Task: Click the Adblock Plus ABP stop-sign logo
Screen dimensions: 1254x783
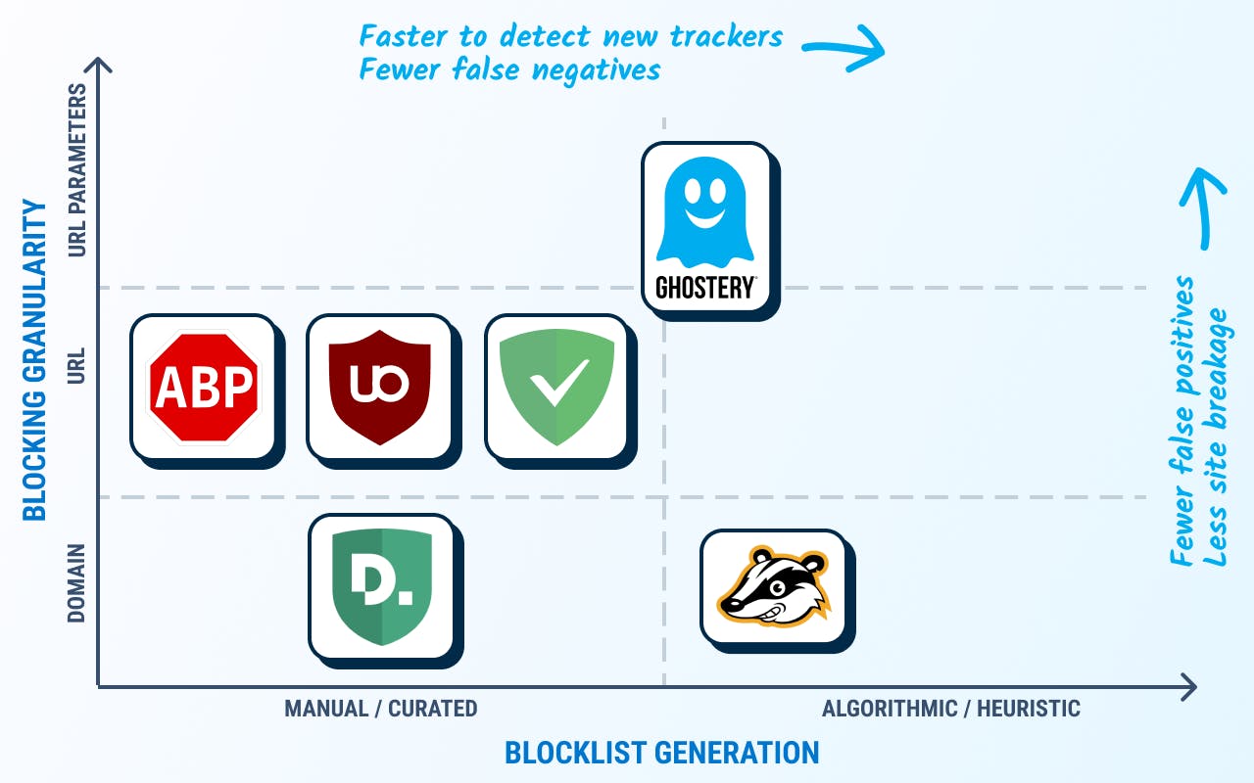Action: (x=204, y=387)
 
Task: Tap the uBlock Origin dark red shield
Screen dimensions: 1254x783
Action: (x=379, y=387)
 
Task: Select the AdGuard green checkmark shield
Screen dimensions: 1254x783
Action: (x=556, y=387)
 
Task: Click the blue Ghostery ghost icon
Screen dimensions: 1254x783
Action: (x=704, y=212)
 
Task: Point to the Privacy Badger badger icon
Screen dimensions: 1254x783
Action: (x=774, y=587)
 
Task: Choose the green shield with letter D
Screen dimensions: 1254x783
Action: (x=382, y=586)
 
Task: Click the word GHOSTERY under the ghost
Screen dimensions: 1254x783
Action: (x=705, y=288)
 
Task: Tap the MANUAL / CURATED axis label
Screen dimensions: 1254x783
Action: (x=381, y=709)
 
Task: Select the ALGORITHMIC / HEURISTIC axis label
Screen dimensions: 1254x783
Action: (x=950, y=709)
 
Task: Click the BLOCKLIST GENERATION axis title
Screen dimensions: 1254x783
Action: (x=661, y=753)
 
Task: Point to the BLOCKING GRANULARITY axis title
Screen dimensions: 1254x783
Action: (x=34, y=360)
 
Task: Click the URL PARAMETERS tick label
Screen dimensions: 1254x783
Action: (x=76, y=170)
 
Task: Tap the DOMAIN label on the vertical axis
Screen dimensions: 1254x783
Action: (x=76, y=582)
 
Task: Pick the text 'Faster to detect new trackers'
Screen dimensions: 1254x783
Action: (x=570, y=36)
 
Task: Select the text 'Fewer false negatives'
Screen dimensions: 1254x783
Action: (x=509, y=69)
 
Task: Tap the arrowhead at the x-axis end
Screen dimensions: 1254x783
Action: (x=1189, y=687)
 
